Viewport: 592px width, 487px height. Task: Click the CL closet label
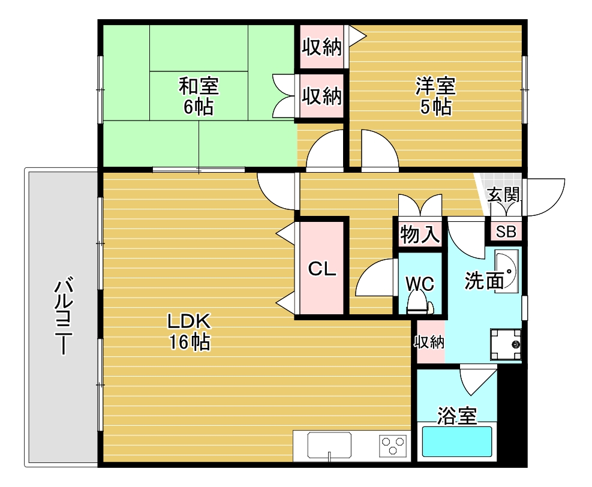coord(321,269)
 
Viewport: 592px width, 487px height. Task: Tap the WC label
coord(419,283)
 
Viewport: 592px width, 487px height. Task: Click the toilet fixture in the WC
coord(419,306)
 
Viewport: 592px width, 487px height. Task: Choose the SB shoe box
coord(506,232)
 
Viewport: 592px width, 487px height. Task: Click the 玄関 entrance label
coord(503,195)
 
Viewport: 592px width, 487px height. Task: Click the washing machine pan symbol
coord(506,344)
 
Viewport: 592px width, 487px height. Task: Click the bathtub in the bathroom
coord(457,442)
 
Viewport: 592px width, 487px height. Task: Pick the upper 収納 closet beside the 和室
coord(321,47)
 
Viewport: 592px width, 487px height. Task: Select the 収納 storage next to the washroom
coord(429,342)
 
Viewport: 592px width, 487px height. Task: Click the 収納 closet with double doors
coord(321,96)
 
